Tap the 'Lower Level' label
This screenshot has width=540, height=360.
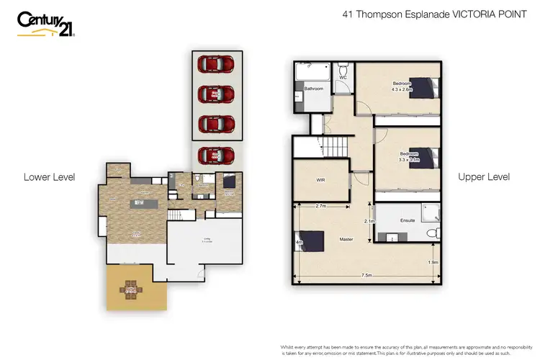coord(50,176)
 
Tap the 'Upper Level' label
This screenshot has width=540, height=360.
coord(483,176)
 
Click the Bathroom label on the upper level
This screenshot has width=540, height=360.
coord(314,89)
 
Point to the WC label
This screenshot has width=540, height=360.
coord(343,77)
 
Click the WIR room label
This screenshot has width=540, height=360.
coord(321,181)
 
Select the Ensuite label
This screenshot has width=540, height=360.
coord(408,220)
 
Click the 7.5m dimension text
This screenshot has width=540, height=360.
coord(366,274)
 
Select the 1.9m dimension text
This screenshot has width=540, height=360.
coord(432,262)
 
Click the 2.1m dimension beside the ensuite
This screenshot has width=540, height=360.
coord(369,221)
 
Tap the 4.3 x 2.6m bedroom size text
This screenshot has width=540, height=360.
coord(401,90)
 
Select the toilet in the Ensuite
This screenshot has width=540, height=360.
coord(431,232)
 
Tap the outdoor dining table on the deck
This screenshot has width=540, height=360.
coord(131,289)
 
